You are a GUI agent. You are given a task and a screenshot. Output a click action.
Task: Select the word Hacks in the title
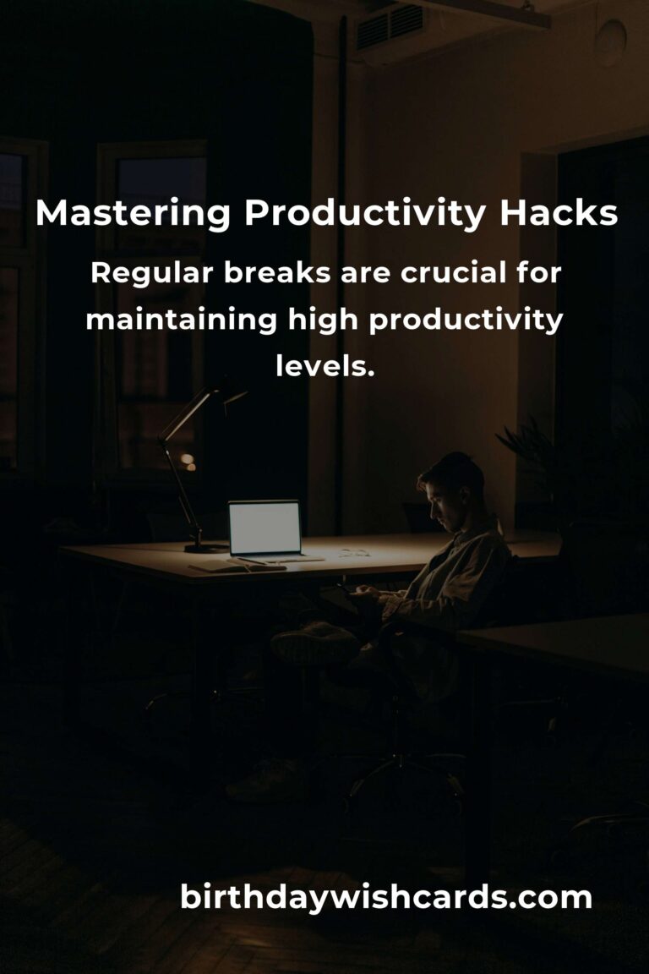tap(559, 214)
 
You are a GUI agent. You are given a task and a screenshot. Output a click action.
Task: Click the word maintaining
tap(181, 320)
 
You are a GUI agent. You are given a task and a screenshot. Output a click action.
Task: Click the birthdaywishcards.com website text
tap(386, 897)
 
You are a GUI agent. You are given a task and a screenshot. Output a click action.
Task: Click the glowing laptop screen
tap(265, 528)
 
